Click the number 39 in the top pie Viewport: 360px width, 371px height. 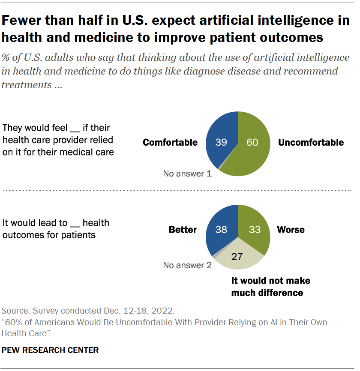tap(221, 142)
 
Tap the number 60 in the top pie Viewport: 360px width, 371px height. tap(252, 142)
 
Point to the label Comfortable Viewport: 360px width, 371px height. tap(170, 142)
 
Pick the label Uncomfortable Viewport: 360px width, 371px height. tap(311, 142)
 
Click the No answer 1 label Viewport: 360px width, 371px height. tap(187, 174)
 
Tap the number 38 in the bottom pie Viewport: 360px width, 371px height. tap(221, 229)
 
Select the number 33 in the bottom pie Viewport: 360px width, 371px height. tap(255, 229)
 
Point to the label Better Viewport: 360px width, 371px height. tap(183, 230)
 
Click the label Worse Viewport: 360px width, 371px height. tap(291, 230)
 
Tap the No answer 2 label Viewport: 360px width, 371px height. tap(187, 265)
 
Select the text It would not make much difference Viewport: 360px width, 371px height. tap(270, 287)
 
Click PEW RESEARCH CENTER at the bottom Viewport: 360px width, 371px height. tap(50, 350)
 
